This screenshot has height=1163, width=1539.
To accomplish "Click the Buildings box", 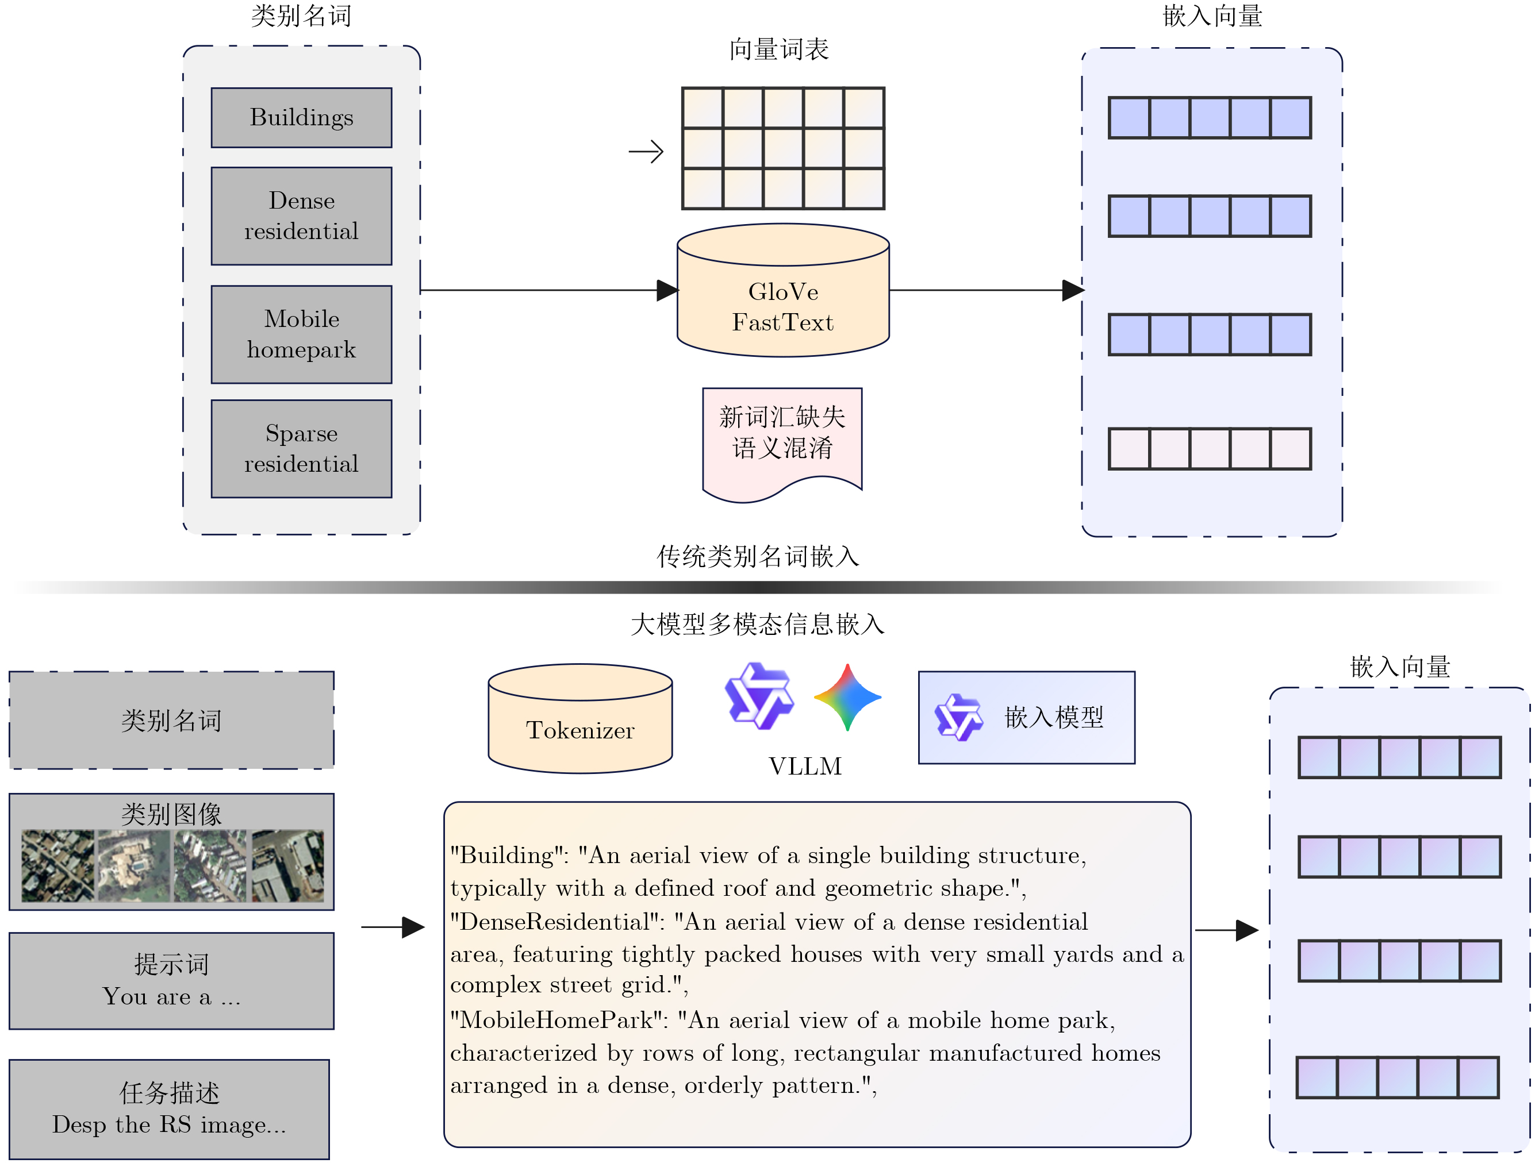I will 301,118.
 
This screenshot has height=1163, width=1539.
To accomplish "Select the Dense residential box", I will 301,215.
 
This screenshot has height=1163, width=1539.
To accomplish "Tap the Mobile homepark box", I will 301,334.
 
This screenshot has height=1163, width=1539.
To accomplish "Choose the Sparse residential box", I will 301,449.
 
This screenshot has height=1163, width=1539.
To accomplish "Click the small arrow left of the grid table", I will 646,152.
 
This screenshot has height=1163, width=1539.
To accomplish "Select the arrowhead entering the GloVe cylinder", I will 666,290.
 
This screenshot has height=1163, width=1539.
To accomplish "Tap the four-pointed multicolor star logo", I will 847,697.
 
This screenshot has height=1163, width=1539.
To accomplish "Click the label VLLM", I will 805,766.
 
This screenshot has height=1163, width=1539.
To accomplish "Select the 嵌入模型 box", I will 1026,717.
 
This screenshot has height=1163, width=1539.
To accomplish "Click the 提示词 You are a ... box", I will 171,981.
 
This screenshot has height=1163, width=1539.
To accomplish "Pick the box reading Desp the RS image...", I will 169,1109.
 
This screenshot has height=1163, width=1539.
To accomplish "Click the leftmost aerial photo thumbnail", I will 57,865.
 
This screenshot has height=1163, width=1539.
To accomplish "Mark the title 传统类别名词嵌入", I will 758,556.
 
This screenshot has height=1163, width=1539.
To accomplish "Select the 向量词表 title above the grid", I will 778,49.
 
